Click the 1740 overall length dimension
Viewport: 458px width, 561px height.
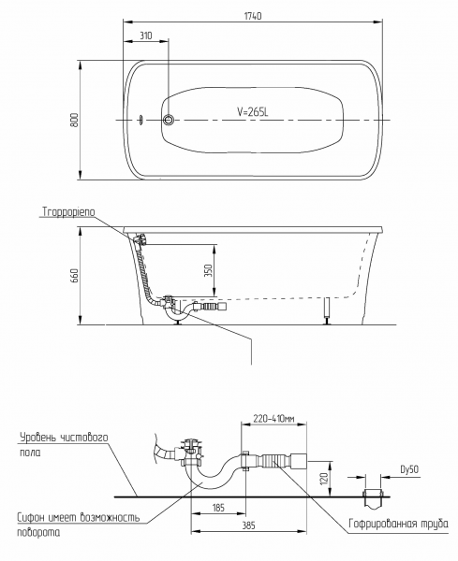253,16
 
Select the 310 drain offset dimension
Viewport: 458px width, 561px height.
146,36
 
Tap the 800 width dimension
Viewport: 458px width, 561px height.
75,121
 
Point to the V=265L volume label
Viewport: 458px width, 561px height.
253,112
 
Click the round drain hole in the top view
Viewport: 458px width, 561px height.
168,120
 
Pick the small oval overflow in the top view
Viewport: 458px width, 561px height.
142,120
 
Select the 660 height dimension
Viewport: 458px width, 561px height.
75,276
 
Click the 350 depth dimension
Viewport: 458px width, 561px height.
209,270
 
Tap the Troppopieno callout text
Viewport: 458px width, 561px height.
68,212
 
